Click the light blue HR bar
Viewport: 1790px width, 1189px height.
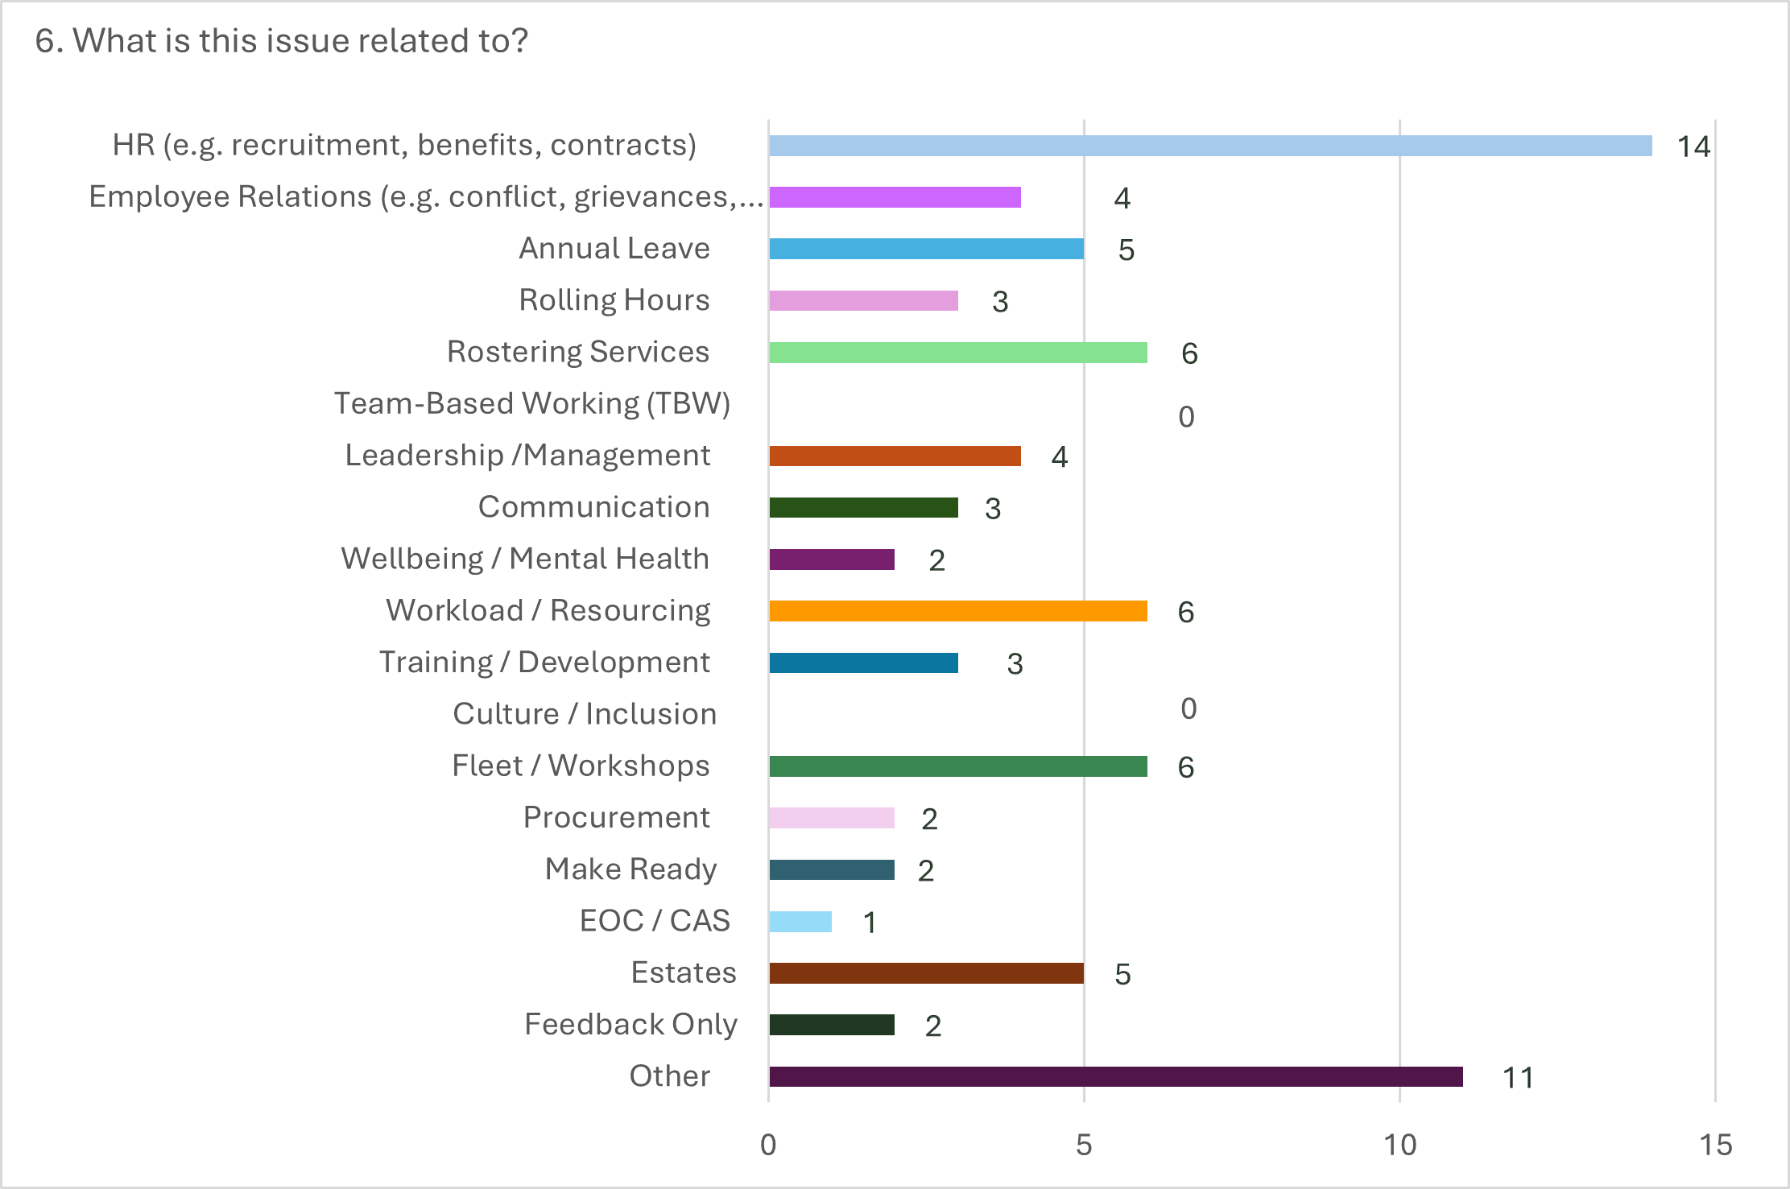(x=1208, y=146)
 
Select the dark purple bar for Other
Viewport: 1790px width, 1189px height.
(x=1115, y=1076)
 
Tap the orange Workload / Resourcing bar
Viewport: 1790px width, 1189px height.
(x=957, y=611)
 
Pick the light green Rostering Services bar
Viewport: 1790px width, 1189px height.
(x=957, y=353)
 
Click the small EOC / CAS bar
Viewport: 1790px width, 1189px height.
(x=800, y=922)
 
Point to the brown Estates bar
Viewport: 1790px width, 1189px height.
(x=926, y=973)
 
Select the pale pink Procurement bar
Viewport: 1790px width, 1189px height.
(x=831, y=818)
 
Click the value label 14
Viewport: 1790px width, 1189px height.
(x=1693, y=147)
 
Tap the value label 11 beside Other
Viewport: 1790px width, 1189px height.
(x=1518, y=1078)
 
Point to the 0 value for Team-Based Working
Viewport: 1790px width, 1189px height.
(x=1186, y=417)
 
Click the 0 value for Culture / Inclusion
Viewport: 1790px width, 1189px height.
(x=1189, y=708)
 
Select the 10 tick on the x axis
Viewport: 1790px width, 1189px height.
(x=1399, y=1145)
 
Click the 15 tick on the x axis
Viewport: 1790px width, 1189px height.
(x=1715, y=1145)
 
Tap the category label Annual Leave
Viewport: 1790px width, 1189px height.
(x=614, y=248)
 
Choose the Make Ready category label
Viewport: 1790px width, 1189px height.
(x=630, y=869)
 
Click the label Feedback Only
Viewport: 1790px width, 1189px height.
(x=630, y=1024)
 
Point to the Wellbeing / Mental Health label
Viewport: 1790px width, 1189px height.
(x=525, y=559)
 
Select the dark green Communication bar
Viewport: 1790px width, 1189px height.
(x=863, y=508)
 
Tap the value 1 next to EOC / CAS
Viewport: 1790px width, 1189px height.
(x=870, y=923)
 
